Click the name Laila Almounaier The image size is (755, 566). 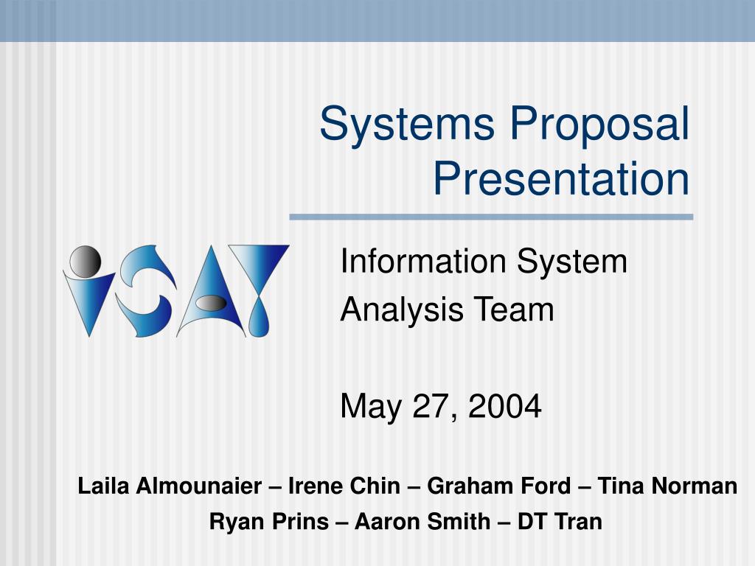[x=170, y=486]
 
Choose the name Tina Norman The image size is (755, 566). [x=667, y=486]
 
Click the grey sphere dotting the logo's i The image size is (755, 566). [x=84, y=259]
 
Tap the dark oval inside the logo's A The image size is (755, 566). [x=212, y=302]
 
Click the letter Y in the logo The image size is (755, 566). [x=258, y=287]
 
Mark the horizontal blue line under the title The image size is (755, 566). [x=491, y=217]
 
